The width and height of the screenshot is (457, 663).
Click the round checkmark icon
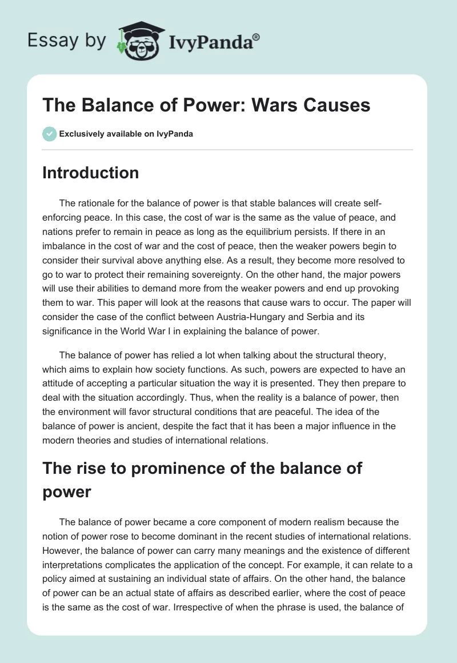pos(49,134)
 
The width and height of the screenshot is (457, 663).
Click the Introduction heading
pos(90,173)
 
